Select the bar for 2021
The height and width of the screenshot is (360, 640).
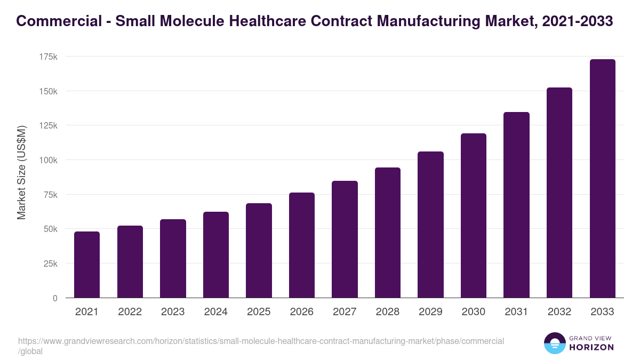(87, 265)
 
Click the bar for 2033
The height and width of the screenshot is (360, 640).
(602, 179)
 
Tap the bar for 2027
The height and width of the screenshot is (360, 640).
(345, 239)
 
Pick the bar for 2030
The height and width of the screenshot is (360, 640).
(474, 215)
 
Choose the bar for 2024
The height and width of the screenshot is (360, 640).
(216, 255)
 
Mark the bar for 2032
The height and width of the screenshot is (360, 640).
(559, 193)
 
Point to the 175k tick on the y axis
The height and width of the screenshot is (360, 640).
(48, 57)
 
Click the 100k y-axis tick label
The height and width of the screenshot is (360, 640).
(48, 160)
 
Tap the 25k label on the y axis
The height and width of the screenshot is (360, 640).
(50, 263)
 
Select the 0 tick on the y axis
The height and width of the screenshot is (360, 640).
(55, 298)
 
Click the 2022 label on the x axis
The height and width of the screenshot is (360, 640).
(130, 312)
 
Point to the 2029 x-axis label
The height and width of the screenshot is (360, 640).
(430, 312)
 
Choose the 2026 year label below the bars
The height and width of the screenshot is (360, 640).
(302, 312)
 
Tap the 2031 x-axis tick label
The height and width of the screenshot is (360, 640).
(516, 312)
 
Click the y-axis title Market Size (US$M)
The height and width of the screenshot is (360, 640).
(21, 172)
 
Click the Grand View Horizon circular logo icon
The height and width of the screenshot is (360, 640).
(554, 343)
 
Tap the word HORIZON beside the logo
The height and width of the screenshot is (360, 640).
(591, 347)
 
